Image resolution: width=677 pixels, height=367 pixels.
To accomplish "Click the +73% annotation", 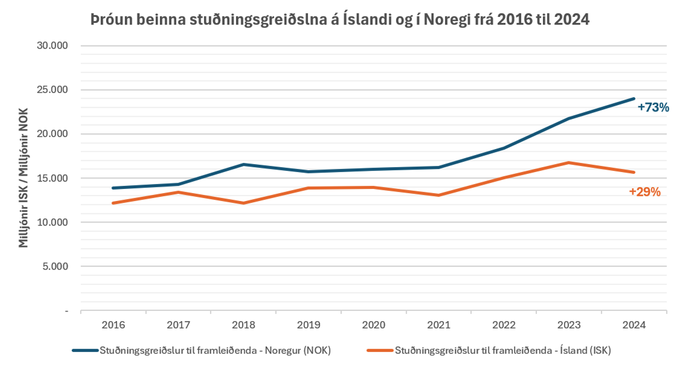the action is tap(653, 107).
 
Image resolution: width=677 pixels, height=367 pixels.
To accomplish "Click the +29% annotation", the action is tap(645, 192).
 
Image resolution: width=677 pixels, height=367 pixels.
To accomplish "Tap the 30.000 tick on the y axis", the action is tap(52, 45).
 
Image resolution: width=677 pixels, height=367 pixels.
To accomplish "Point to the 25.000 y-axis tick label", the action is tap(52, 89).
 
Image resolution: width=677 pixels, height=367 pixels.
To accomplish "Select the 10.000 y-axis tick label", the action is tap(52, 222).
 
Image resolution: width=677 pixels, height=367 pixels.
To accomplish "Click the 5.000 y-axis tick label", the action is tap(55, 266).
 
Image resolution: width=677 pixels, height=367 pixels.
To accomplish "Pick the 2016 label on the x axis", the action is tap(113, 325).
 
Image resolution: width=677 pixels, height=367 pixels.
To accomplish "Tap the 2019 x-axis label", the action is tap(309, 325).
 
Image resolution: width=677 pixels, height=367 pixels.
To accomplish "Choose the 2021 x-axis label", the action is tap(439, 325).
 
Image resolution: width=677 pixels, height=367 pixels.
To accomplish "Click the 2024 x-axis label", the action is tap(634, 325).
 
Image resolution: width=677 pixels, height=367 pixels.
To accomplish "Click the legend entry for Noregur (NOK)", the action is tap(202, 350).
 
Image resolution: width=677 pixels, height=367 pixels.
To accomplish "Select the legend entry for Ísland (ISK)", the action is tap(489, 350).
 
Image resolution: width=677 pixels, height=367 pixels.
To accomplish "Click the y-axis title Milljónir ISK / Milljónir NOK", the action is tap(23, 178).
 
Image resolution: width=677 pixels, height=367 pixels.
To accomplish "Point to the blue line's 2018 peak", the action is tap(243, 165).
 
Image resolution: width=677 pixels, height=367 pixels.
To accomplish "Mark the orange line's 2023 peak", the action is tap(569, 163).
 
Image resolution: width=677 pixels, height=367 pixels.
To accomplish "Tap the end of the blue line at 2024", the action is tap(634, 99).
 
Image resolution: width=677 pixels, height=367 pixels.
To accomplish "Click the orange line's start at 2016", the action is tap(113, 203).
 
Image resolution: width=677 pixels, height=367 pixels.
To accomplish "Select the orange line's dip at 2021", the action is tap(439, 195).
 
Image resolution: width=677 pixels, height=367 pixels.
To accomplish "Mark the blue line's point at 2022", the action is tap(504, 148).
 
